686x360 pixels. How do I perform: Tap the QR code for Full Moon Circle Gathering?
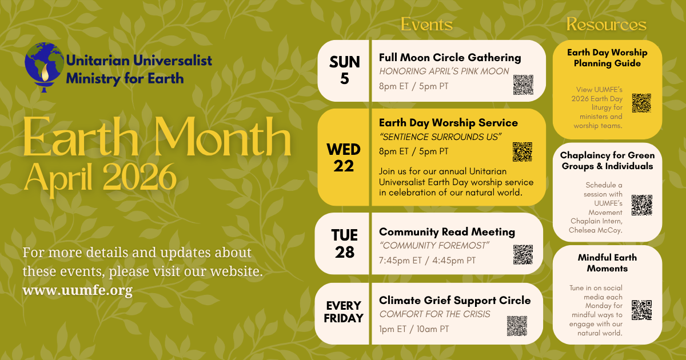[x=523, y=85]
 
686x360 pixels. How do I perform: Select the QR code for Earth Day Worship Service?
[x=523, y=151]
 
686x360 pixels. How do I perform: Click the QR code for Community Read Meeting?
[x=523, y=254]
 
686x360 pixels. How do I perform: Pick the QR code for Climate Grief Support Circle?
[x=517, y=326]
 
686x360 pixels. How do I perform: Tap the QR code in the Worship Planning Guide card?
[x=641, y=103]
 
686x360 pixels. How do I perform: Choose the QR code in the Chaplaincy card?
[x=641, y=205]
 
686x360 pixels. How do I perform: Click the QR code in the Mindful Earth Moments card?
[x=641, y=310]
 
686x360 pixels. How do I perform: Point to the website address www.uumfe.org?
[x=77, y=290]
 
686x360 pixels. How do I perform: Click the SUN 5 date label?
[x=344, y=70]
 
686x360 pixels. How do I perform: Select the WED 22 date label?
[x=344, y=157]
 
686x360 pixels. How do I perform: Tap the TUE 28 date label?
[x=344, y=243]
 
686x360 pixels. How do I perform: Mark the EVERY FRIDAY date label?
[x=344, y=311]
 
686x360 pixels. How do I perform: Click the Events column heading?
[x=426, y=25]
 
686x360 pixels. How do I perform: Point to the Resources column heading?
[x=607, y=25]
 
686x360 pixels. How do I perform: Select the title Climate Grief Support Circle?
[x=454, y=300]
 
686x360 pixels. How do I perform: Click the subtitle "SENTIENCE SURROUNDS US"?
[x=440, y=137]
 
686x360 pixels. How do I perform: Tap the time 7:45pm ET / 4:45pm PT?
[x=427, y=261]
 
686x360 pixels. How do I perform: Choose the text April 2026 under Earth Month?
[x=100, y=178]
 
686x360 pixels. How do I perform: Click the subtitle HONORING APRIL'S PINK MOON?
[x=444, y=71]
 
